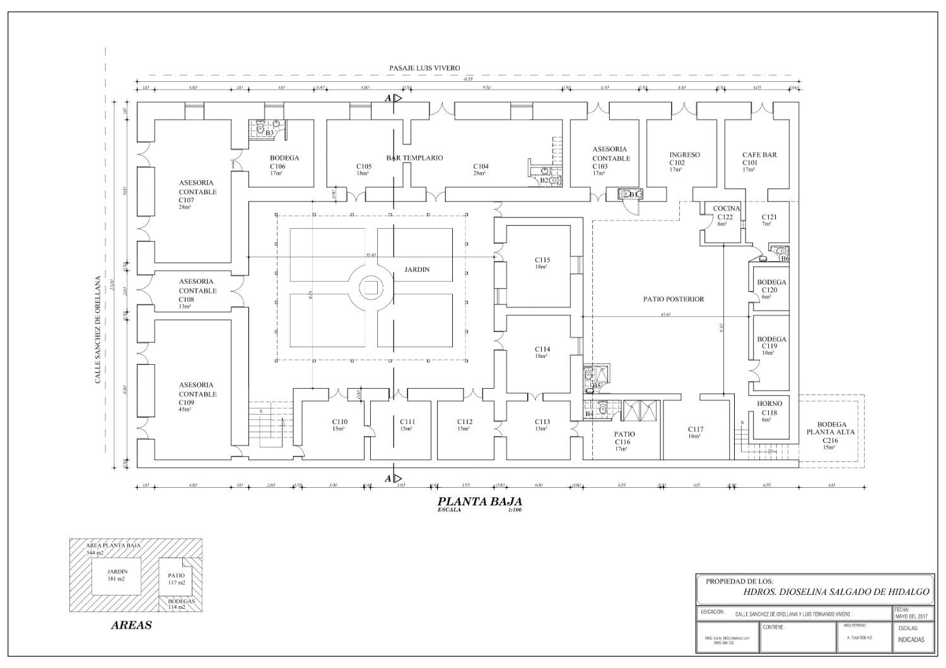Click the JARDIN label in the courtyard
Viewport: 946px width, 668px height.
416,270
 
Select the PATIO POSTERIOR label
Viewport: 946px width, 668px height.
674,299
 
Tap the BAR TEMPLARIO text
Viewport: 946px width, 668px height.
414,158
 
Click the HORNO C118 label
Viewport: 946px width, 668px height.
769,408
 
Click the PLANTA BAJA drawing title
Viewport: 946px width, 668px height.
480,502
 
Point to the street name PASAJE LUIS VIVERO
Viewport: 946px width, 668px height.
424,68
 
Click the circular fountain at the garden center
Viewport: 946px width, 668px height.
370,288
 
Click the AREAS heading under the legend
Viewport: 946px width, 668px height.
131,626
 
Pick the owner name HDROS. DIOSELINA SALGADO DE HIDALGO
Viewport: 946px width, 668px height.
836,592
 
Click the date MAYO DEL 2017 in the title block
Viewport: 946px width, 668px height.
911,616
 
